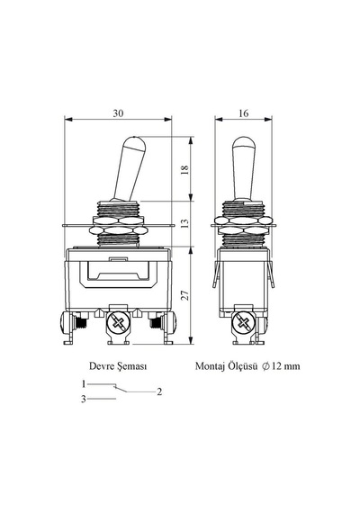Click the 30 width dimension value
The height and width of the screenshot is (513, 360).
[119, 113]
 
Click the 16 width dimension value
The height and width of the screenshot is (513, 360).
[244, 113]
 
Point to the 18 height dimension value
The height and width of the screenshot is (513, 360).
[184, 169]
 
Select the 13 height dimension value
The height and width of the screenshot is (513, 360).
[184, 223]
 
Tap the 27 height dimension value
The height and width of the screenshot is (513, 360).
[184, 295]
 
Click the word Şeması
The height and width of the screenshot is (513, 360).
[131, 366]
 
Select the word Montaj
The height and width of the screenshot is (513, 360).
[210, 366]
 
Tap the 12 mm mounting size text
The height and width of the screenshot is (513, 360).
[285, 366]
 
